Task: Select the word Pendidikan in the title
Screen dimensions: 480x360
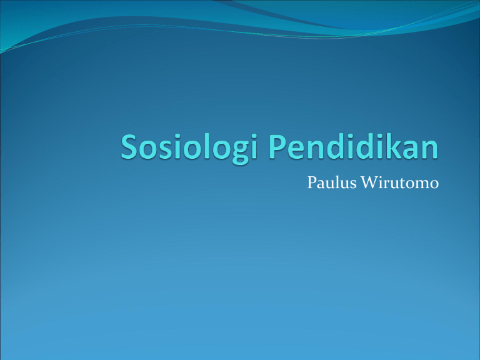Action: (354, 146)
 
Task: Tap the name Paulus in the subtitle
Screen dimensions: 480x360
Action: (332, 182)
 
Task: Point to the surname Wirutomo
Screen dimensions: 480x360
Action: (400, 182)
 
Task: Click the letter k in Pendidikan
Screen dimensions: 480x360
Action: (394, 146)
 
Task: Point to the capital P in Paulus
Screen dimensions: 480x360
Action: (312, 182)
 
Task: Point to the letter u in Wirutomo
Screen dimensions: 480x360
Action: (396, 185)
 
